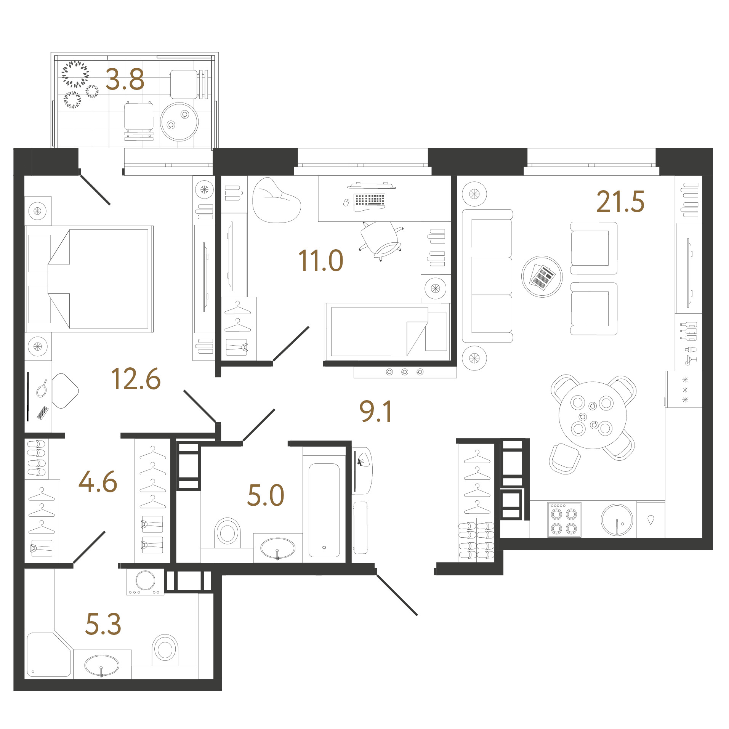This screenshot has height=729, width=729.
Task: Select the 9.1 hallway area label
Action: [x=375, y=412]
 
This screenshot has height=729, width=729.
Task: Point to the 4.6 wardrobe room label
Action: [x=98, y=481]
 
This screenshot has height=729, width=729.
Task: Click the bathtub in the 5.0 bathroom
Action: [x=324, y=510]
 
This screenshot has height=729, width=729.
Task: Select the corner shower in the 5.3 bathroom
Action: [x=49, y=655]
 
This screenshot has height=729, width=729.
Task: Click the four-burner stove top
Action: [x=564, y=519]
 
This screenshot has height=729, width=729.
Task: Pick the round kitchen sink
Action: [x=617, y=519]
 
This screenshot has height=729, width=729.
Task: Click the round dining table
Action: [x=593, y=415]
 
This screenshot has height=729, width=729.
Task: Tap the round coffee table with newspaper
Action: [x=542, y=276]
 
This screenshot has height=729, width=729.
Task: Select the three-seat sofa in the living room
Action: [x=487, y=276]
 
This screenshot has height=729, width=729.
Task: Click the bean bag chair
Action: [x=276, y=200]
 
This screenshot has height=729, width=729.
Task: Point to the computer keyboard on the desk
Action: [x=369, y=201]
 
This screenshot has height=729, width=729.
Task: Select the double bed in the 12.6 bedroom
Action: [x=89, y=279]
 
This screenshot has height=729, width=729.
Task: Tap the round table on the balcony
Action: [x=179, y=122]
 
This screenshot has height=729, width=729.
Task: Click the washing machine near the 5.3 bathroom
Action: [x=145, y=582]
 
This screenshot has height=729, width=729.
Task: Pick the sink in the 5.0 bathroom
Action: [x=277, y=548]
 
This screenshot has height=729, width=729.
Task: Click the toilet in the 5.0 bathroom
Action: [x=228, y=532]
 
